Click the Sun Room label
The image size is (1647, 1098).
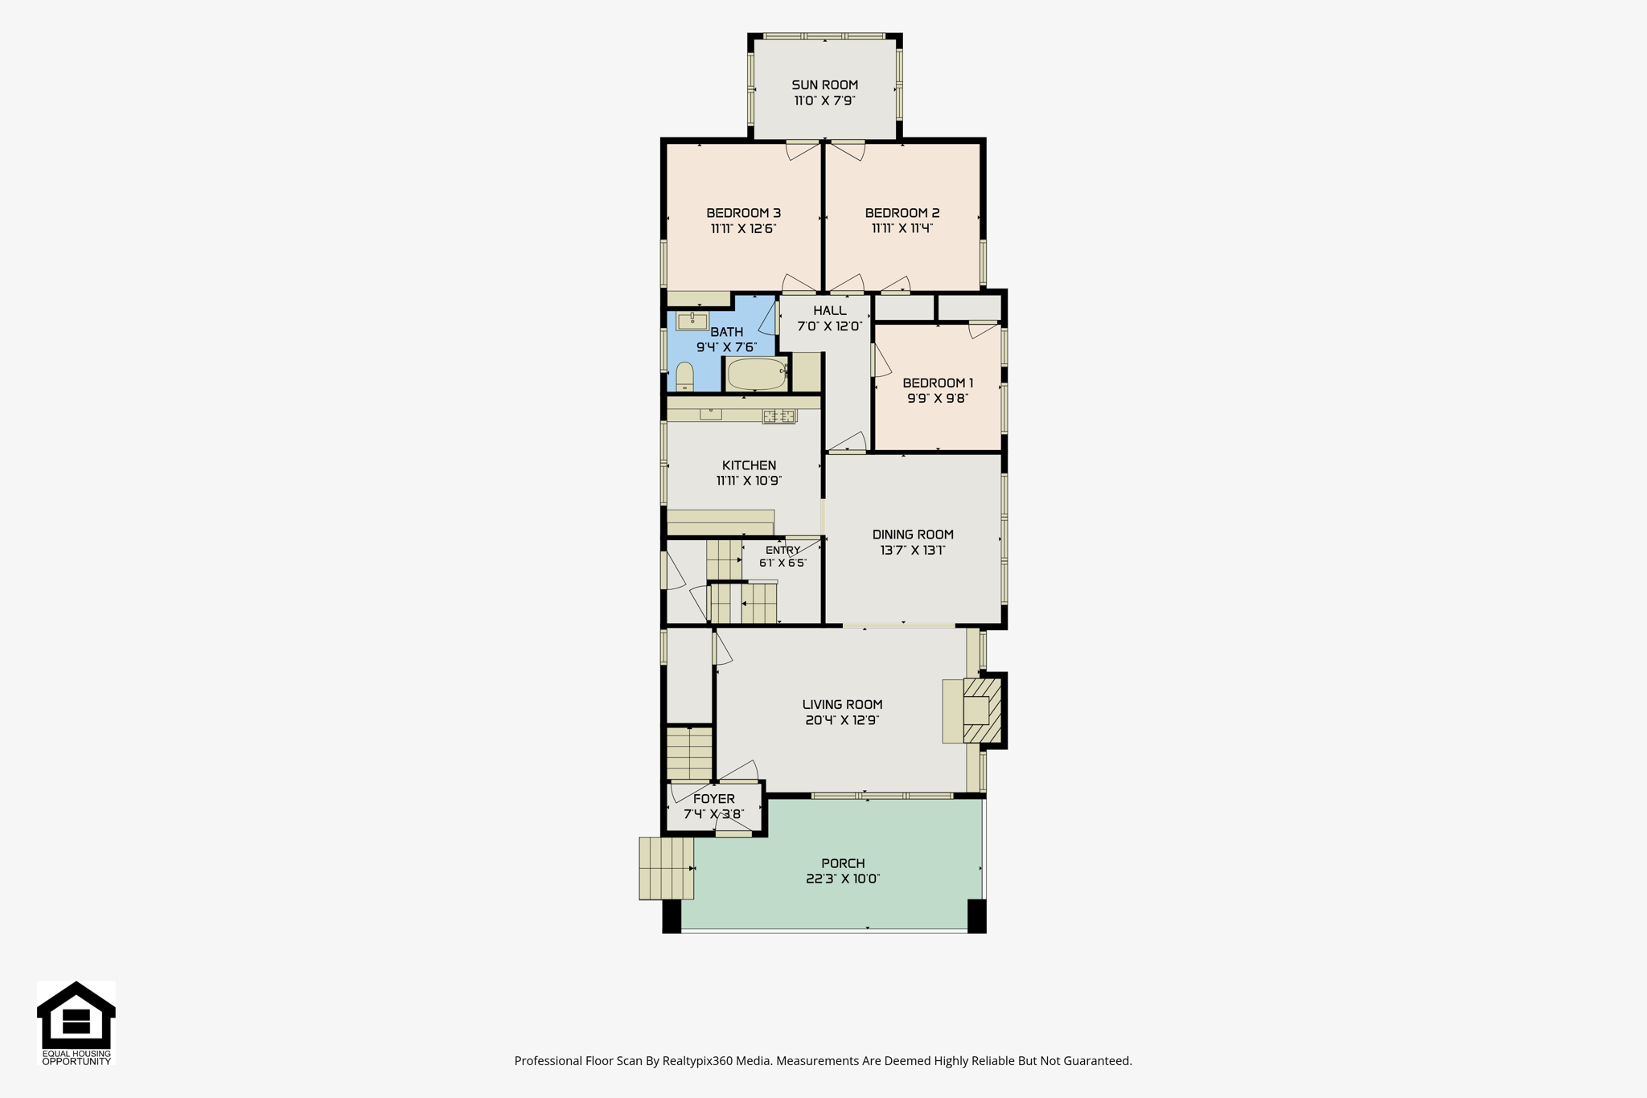tap(824, 85)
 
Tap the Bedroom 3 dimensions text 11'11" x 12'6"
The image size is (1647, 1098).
tap(743, 228)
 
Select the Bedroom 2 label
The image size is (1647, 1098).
tap(902, 213)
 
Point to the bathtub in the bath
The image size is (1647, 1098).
tap(757, 374)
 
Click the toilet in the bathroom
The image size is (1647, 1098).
tap(684, 377)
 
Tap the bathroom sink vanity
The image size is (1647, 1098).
tap(692, 322)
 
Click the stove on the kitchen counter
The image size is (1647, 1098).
tap(779, 416)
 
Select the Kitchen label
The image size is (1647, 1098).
tap(750, 465)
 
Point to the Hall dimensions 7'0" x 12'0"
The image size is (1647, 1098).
tap(829, 326)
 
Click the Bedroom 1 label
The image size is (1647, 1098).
tap(938, 383)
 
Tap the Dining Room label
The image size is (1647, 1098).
tap(913, 535)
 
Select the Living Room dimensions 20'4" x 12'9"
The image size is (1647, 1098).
tap(842, 720)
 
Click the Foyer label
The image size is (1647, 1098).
tap(714, 799)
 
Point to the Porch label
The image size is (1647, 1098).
tap(843, 864)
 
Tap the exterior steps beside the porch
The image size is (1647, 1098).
tap(667, 868)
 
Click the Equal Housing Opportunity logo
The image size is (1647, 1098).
tap(76, 1023)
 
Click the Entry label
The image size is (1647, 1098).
tap(782, 551)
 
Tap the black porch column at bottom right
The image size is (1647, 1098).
tap(977, 916)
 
